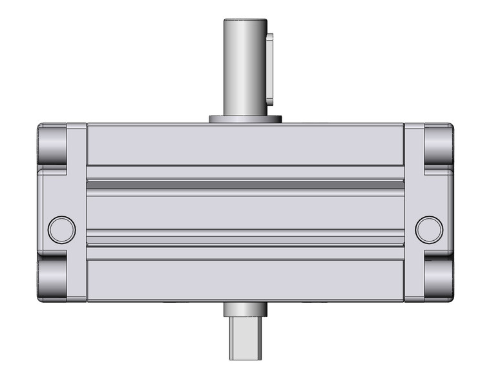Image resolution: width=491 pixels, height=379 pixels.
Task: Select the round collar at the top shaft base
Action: point(245,119)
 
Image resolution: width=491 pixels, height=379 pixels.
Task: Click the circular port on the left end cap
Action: point(62,229)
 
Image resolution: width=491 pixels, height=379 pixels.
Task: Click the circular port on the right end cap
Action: point(428,229)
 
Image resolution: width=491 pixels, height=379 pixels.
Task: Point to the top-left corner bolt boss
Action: point(53,145)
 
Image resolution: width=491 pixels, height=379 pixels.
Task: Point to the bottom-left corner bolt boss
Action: point(53,278)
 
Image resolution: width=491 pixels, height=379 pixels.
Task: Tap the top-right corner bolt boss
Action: point(437,145)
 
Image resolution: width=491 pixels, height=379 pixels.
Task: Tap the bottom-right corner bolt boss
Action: point(437,278)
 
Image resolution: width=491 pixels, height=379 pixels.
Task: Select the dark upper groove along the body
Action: point(245,186)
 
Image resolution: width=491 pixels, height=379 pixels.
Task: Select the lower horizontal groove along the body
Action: point(245,238)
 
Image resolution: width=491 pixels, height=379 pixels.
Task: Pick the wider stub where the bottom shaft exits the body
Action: point(245,311)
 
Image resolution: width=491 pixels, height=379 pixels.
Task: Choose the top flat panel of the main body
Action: point(245,145)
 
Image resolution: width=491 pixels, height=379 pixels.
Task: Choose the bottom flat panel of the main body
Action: point(245,280)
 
